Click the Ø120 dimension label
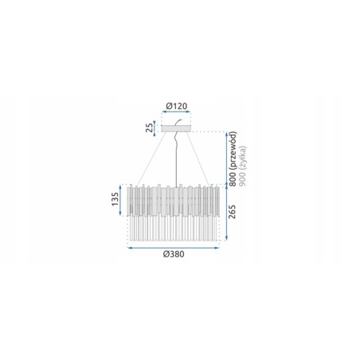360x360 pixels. (177, 106)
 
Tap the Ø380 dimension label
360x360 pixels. (174, 254)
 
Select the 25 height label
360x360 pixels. (150, 127)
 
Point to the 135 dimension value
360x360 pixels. (115, 199)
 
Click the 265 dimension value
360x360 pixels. (232, 212)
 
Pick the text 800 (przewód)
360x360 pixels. (233, 158)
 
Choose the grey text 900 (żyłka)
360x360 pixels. (243, 166)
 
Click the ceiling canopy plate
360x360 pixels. (176, 128)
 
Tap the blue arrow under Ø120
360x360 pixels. (176, 112)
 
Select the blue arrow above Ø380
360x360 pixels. (174, 248)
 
